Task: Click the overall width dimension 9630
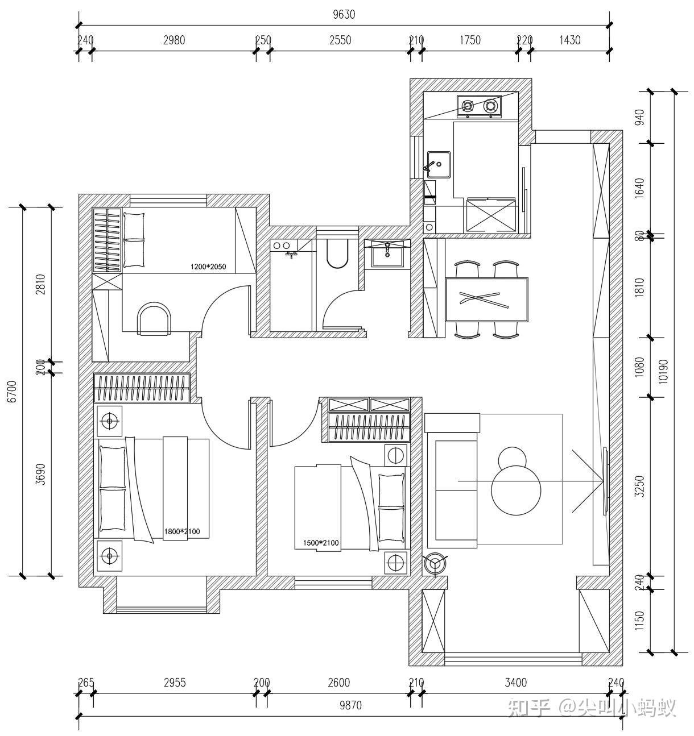point(344,15)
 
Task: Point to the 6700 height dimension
point(12,392)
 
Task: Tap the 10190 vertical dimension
point(663,372)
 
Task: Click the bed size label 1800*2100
point(181,532)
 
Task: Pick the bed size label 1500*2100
point(320,543)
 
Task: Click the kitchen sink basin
point(439,164)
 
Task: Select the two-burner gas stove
point(478,106)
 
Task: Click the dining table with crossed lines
point(486,299)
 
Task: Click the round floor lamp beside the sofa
point(436,563)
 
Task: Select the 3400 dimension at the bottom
point(515,683)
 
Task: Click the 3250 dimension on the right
point(640,486)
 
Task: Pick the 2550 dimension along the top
point(340,40)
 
